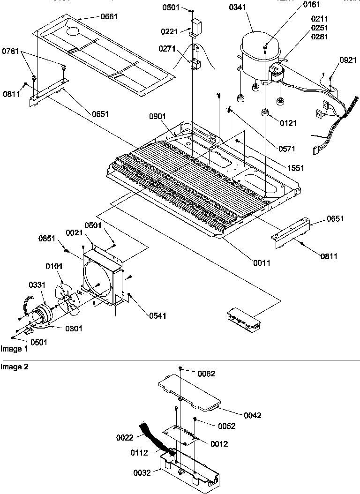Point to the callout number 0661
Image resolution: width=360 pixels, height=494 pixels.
109,16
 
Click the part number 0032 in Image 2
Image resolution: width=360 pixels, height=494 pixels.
142,473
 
